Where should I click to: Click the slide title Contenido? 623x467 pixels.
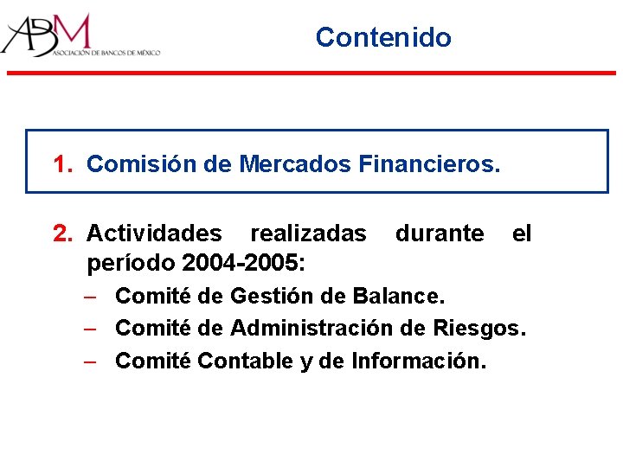click(383, 37)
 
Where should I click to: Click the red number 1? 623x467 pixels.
click(61, 163)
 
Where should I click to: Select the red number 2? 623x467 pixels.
click(61, 233)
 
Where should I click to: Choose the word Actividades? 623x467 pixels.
click(154, 233)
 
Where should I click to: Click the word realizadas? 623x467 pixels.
click(307, 233)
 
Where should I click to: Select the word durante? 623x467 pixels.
click(440, 233)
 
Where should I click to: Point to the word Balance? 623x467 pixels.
click(400, 297)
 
